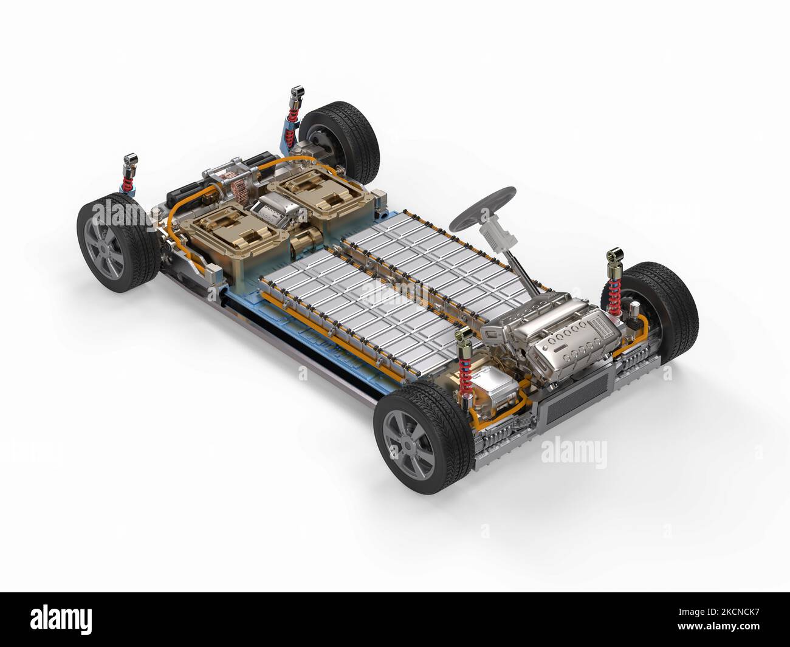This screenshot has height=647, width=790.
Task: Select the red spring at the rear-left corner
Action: [x=129, y=181]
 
